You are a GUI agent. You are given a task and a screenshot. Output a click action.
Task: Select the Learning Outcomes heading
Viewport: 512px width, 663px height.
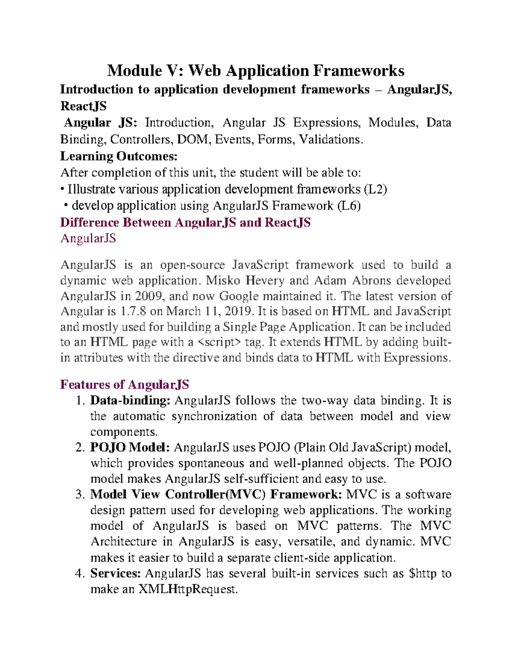pyautogui.click(x=119, y=156)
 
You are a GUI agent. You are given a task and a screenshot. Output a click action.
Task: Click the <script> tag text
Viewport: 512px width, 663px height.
pyautogui.click(x=219, y=342)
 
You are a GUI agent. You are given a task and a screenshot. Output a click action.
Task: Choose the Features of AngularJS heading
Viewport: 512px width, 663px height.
pyautogui.click(x=124, y=385)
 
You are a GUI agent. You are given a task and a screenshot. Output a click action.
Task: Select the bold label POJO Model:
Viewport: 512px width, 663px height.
pyautogui.click(x=130, y=447)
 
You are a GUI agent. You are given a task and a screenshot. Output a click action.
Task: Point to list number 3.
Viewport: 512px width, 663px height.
pyautogui.click(x=80, y=494)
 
